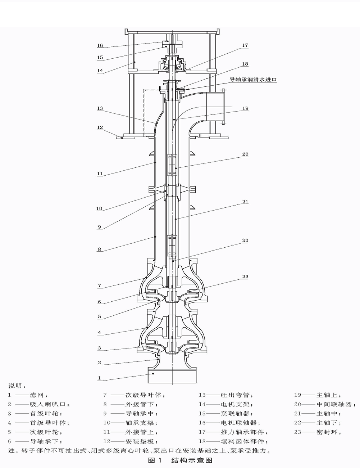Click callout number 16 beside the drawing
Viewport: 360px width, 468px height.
click(x=100, y=46)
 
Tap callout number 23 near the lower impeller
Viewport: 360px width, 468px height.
click(x=245, y=277)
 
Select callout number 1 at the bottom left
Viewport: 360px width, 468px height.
click(x=100, y=378)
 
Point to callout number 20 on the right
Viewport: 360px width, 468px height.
click(x=245, y=154)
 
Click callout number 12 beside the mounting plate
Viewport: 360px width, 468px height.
click(x=100, y=127)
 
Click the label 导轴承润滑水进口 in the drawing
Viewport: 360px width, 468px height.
click(x=254, y=80)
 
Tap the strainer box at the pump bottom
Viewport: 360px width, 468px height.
click(x=173, y=375)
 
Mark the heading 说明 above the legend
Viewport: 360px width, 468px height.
click(x=14, y=386)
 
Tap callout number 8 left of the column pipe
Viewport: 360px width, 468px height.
click(x=100, y=249)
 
